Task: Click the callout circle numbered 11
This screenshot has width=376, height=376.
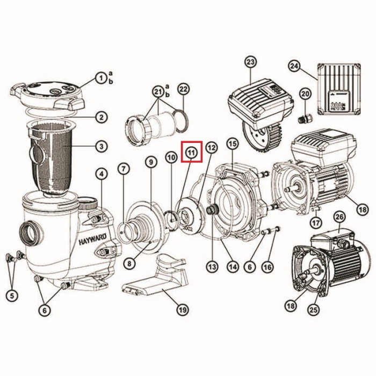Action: (192, 152)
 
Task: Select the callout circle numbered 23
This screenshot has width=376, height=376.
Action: (250, 62)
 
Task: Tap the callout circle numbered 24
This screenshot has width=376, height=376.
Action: (294, 66)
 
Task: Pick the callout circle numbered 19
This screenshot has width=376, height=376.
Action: (183, 310)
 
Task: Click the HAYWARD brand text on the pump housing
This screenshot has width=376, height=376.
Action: (92, 240)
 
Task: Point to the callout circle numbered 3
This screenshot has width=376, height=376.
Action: (101, 146)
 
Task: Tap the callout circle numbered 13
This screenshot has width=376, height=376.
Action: (213, 266)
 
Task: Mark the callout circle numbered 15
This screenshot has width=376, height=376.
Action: (233, 144)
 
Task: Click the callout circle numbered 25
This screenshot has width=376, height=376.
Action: (314, 310)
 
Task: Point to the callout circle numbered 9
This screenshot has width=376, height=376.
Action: (151, 162)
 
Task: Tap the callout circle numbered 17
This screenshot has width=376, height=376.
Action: (316, 222)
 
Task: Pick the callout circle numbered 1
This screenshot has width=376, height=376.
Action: (101, 78)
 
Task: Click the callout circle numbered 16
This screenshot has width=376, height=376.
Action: (267, 266)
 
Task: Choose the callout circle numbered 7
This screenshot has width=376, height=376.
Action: (124, 169)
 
